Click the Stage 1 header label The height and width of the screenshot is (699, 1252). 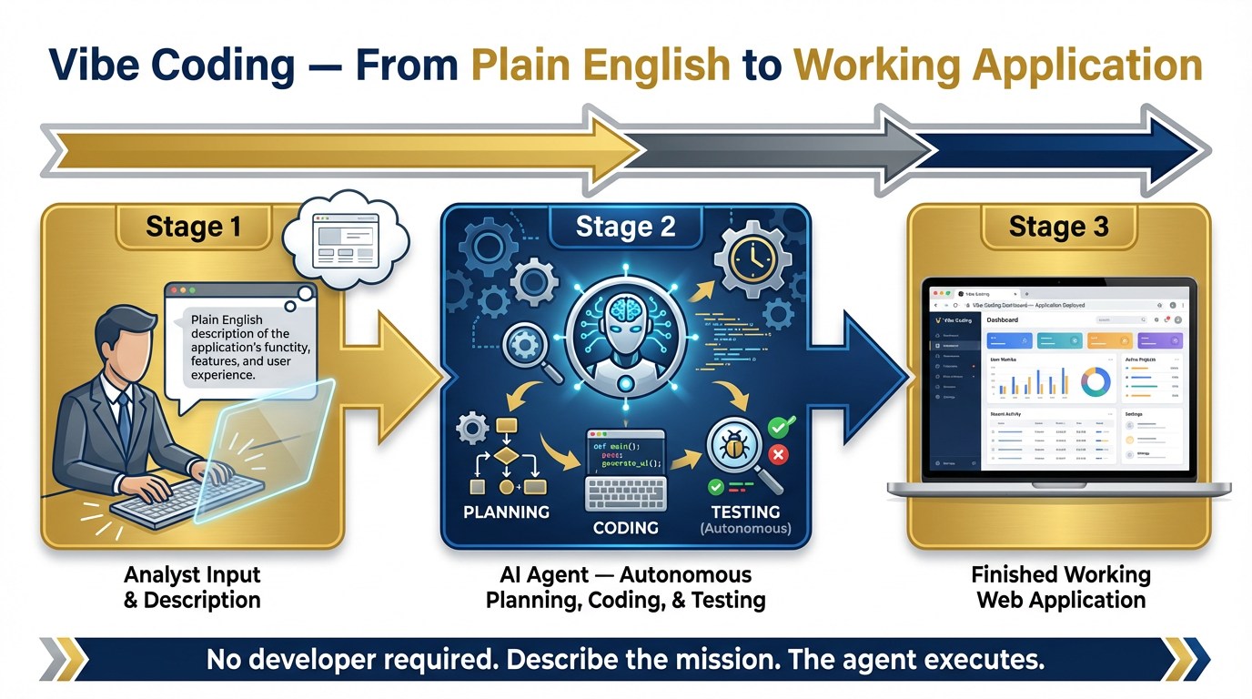tap(194, 227)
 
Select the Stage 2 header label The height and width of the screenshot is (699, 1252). tap(625, 227)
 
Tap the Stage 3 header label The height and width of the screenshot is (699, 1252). tap(1058, 227)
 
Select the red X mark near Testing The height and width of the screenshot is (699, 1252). tap(778, 454)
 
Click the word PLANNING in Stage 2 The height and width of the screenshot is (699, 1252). tap(506, 512)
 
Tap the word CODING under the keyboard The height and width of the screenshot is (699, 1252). tap(625, 528)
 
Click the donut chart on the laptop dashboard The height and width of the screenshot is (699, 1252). tap(1095, 382)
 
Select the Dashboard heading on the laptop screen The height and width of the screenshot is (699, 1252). tap(1002, 320)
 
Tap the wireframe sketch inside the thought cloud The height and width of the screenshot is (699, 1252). tap(343, 240)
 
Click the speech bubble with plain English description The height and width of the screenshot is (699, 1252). tap(240, 346)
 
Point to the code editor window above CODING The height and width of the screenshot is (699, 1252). tap(625, 451)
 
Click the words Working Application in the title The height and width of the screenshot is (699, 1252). tap(997, 66)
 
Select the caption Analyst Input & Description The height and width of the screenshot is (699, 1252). tap(192, 587)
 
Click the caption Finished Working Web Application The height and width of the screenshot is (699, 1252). tap(1060, 587)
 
